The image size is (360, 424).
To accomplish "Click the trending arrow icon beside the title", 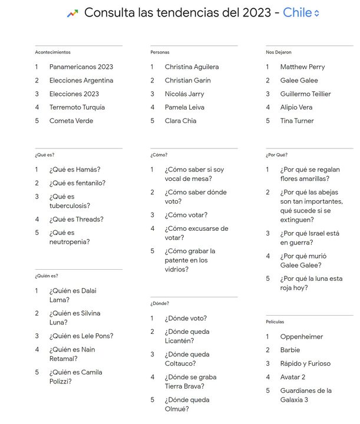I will pos(72,13).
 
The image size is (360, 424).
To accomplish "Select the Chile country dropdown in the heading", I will pos(300,12).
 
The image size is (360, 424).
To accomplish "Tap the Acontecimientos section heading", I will pos(52,52).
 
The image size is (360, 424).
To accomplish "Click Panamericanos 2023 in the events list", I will pos(81,67).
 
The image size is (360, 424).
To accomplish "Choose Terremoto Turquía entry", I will pos(77,107).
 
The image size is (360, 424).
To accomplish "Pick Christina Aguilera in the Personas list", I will pos(191,67).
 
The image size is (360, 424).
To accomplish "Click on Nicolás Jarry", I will pos(184,94).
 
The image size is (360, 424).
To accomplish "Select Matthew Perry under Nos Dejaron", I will pos(302,67).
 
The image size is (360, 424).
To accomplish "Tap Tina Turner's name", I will pos(297,121).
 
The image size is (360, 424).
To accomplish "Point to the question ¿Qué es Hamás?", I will pos(75,170).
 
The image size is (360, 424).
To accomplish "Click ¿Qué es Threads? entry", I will pos(76,219).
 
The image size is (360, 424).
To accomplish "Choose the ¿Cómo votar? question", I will pos(186,215).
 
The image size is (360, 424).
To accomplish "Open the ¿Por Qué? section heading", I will pos(276,155).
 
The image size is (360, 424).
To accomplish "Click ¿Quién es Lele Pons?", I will pos(81,336).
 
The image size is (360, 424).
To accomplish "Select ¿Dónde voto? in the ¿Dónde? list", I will pos(186,318).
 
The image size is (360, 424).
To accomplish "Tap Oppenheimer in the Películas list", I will pos(302,337).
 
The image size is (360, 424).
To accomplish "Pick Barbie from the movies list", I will pos(290,350).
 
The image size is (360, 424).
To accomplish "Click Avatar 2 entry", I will pos(293,377).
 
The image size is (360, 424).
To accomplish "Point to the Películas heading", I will pos(275,322).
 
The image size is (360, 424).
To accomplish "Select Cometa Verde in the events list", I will pos(71,121).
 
